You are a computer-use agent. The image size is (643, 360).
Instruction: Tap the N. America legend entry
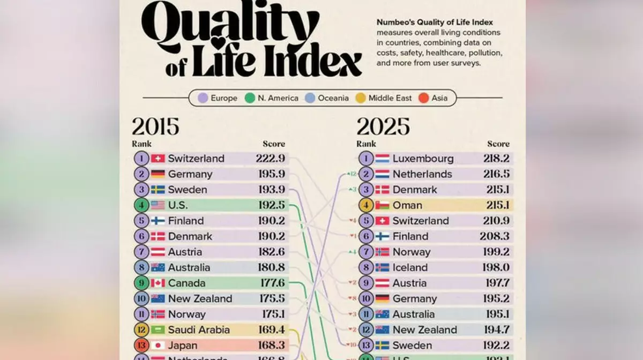pos(272,98)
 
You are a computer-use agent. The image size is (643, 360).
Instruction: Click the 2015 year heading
pos(155,127)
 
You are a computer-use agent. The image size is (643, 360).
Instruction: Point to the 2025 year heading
pos(383,127)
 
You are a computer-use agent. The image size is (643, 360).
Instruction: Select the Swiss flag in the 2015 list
pos(158,159)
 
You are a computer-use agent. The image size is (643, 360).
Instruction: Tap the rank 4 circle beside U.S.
pos(141,205)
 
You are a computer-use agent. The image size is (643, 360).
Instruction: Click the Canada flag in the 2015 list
pos(158,283)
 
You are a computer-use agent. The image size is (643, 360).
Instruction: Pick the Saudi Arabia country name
pos(199,329)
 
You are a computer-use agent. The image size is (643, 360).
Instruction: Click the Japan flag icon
pos(158,345)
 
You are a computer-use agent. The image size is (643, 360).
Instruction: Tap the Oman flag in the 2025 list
pos(382,205)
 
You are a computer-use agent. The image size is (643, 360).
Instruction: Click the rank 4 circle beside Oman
pos(366,205)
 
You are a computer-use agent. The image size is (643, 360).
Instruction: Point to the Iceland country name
pos(410,267)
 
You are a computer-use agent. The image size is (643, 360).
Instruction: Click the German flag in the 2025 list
pos(382,298)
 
